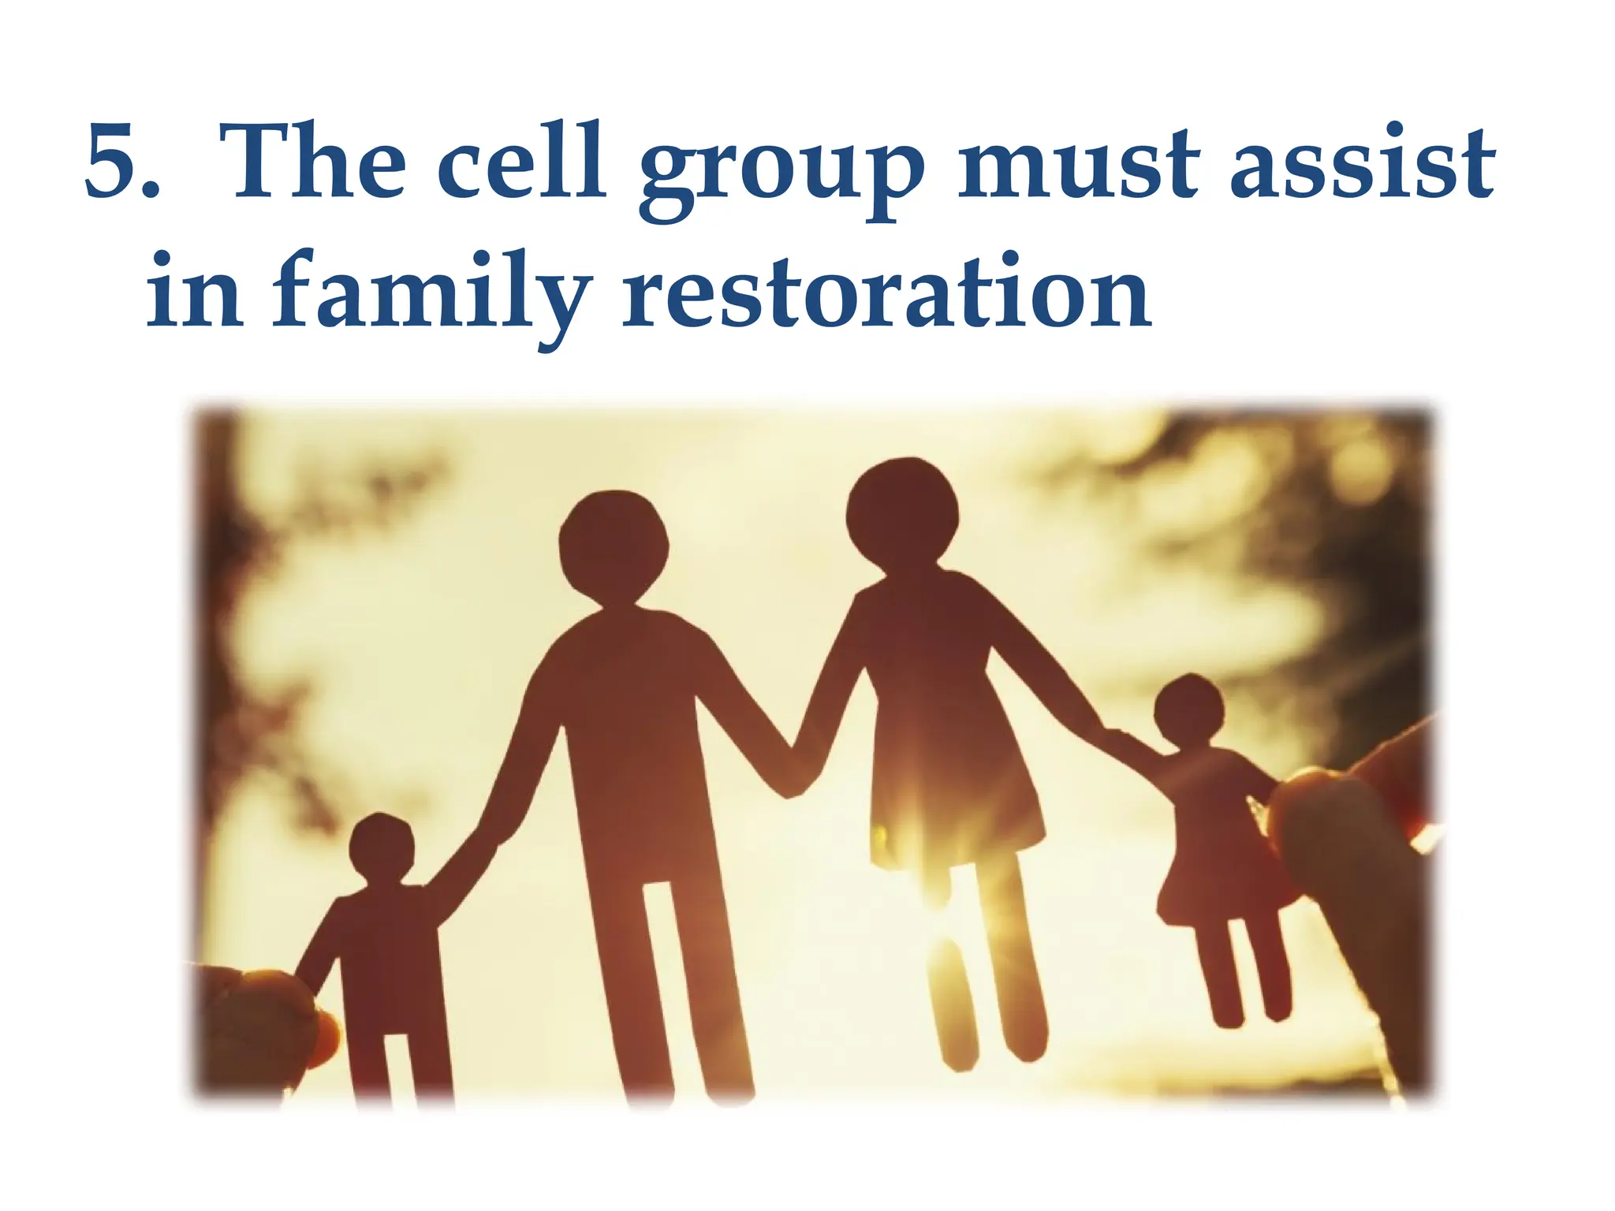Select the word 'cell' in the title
520,162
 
